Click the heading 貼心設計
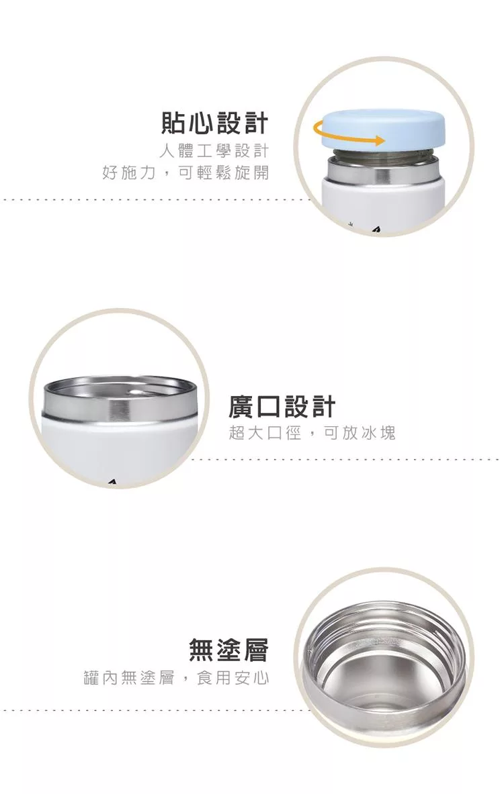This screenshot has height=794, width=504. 214,123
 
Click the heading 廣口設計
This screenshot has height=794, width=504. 282,407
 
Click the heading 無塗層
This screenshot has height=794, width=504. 228,650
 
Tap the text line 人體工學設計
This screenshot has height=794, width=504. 214,151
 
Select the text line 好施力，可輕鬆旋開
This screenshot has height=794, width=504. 185,172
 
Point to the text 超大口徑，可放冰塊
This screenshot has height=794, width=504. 312,433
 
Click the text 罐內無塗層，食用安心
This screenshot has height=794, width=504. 177,677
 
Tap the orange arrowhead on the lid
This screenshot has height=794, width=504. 379,140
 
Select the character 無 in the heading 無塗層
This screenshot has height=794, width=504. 202,650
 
